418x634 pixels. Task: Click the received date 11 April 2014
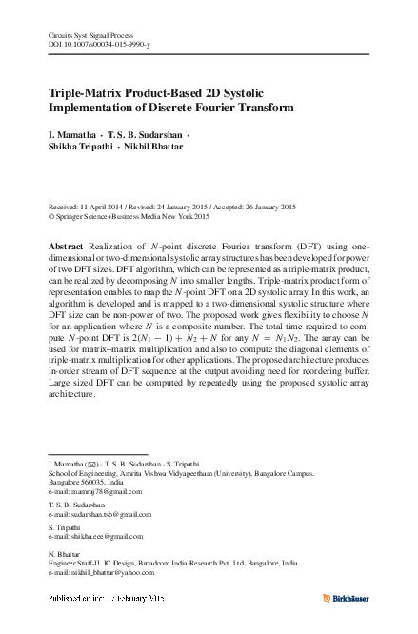click(x=106, y=205)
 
